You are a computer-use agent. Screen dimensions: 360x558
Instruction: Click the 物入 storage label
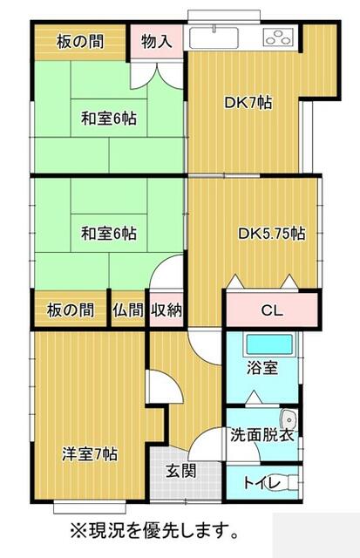pos(157,42)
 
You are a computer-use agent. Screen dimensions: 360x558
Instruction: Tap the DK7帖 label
pos(248,103)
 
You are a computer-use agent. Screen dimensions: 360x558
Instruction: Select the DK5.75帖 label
pos(271,234)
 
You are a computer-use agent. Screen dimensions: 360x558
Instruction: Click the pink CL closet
pos(272,310)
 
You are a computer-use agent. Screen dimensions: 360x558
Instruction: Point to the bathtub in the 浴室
pos(269,344)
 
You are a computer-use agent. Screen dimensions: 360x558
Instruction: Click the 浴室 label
pos(262,368)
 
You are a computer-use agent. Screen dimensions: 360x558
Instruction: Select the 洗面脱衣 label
pos(262,435)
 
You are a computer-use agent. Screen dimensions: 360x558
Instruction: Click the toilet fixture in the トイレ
pos(293,483)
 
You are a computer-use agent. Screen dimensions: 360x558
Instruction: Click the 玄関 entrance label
pos(181,472)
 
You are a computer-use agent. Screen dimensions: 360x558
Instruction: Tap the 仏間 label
pos(128,310)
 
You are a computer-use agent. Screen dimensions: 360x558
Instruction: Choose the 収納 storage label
pos(166,310)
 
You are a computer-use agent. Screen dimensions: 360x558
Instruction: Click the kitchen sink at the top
pos(214,37)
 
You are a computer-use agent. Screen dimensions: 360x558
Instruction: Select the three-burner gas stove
pos(279,37)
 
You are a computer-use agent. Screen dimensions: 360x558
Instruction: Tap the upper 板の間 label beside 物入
pos(80,42)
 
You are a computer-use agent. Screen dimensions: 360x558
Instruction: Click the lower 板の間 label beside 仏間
pos(71,310)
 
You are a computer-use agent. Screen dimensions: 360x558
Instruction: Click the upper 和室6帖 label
pos(109,118)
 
